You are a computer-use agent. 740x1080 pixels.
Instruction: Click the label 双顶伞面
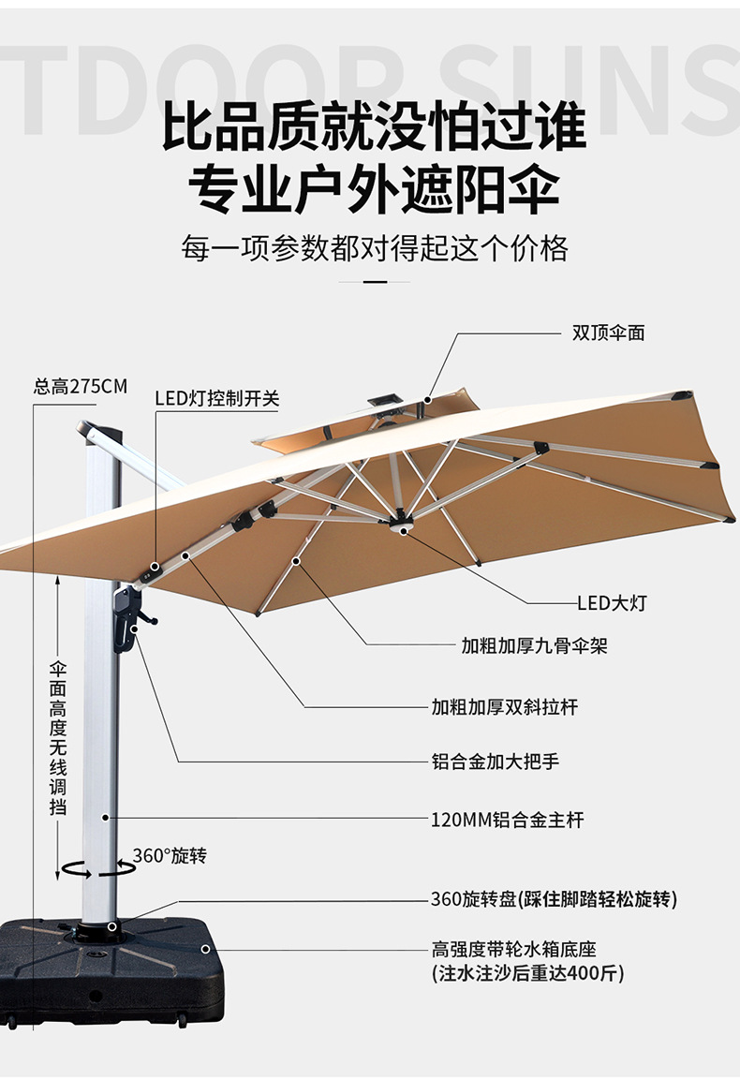point(608,333)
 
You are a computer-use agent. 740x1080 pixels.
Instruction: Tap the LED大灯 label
point(611,603)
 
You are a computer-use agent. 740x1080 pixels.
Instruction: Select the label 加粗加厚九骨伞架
point(534,646)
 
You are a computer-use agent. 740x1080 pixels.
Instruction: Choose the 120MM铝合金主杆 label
point(507,820)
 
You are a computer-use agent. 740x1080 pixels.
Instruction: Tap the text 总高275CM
point(80,386)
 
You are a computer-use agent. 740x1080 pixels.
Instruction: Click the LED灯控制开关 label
point(216,398)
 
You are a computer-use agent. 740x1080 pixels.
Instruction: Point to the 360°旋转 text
point(169,855)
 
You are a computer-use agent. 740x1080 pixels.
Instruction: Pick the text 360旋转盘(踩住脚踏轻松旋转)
point(553,900)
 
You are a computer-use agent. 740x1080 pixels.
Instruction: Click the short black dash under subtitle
point(374,280)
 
